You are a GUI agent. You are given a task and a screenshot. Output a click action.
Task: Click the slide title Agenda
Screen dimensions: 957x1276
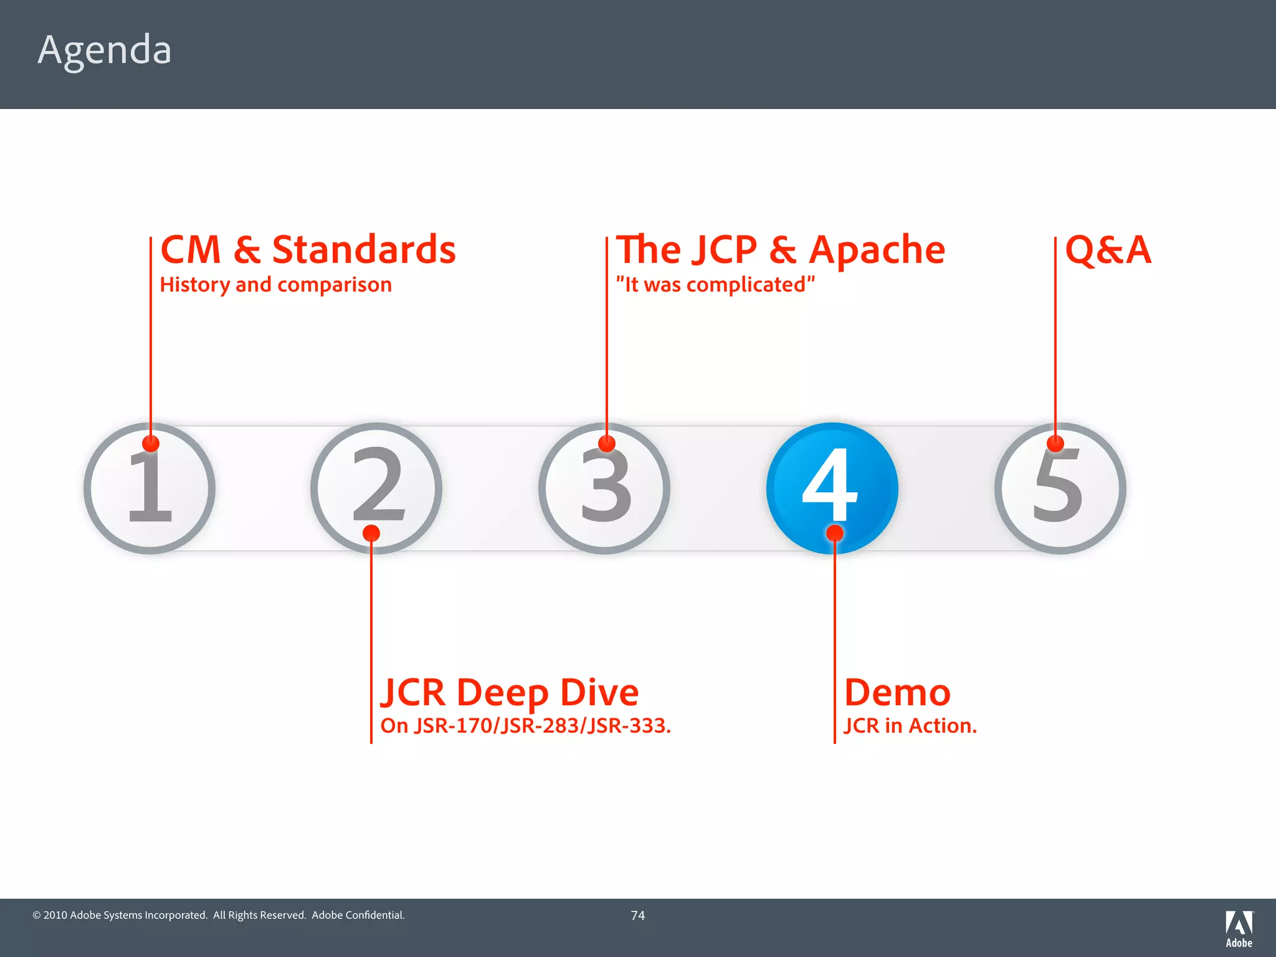[x=104, y=50]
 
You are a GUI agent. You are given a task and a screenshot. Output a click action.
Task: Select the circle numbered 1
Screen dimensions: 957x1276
[x=150, y=488]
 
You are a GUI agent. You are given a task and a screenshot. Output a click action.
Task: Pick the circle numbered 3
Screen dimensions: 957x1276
[x=604, y=488]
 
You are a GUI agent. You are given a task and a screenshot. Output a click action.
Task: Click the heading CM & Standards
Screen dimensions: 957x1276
[x=308, y=250]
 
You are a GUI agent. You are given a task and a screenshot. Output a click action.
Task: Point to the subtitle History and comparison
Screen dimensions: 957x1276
[x=275, y=285]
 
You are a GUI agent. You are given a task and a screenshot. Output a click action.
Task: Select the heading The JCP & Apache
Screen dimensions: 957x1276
[x=780, y=250]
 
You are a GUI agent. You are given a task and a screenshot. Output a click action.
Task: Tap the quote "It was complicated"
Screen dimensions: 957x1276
[x=715, y=285]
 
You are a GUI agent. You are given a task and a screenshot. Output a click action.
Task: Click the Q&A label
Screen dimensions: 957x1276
[x=1108, y=250]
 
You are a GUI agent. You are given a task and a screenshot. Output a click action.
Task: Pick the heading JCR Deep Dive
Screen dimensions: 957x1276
[x=510, y=692]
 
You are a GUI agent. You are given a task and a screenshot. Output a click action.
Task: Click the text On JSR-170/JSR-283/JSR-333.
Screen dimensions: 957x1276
[x=525, y=726]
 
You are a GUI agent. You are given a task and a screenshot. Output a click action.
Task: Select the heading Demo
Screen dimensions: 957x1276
[x=897, y=692]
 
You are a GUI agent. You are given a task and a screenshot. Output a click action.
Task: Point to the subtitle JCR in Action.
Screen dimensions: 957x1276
[x=910, y=726]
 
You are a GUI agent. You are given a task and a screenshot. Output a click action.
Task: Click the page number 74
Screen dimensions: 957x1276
[x=637, y=915]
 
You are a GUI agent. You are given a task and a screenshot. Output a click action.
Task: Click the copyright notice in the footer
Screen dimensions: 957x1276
[x=219, y=915]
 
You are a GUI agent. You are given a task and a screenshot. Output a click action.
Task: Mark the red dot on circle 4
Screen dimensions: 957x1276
[x=834, y=533]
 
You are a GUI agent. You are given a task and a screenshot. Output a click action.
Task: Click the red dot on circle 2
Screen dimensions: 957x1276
[x=371, y=533]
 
